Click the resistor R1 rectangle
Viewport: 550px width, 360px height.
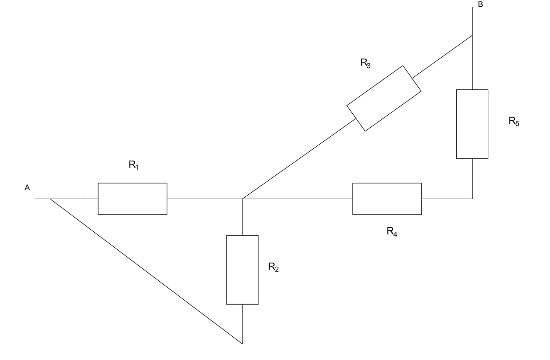click(133, 199)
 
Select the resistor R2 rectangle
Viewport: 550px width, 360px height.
click(242, 270)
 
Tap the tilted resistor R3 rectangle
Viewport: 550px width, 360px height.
click(384, 98)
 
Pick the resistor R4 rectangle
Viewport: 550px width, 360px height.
click(387, 199)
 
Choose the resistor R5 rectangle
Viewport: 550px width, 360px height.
click(472, 124)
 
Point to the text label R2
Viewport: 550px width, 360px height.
click(273, 268)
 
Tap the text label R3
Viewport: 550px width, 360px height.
click(366, 65)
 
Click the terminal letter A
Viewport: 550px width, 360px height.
click(27, 188)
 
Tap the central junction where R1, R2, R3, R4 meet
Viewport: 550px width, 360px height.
click(242, 199)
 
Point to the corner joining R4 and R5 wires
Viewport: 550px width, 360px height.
click(472, 199)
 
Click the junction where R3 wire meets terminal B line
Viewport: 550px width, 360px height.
click(472, 35)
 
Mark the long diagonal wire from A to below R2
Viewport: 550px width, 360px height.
click(146, 271)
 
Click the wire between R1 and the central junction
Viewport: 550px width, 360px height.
click(204, 199)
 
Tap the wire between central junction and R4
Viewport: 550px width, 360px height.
click(296, 199)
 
